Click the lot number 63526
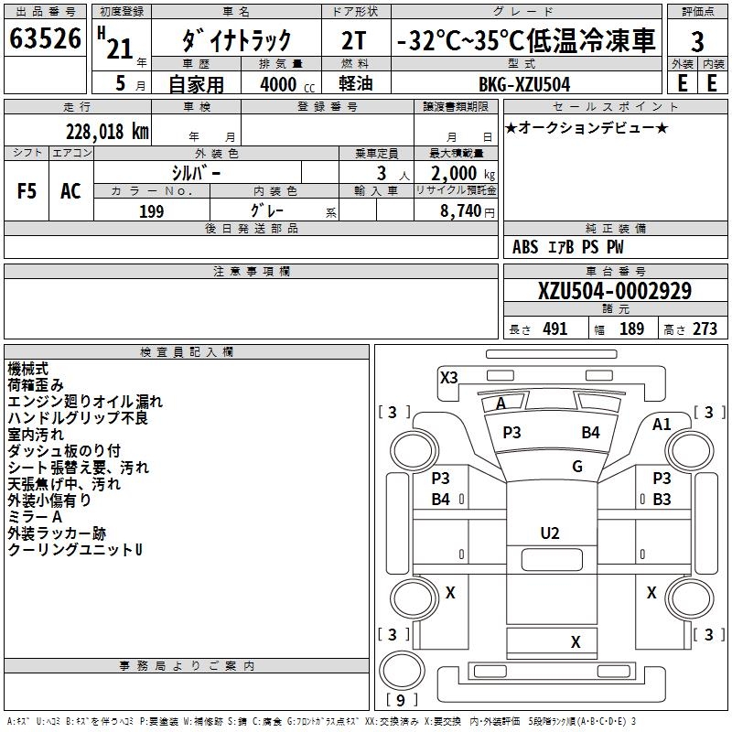tap(47, 40)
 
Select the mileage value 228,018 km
tap(107, 132)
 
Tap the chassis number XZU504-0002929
tap(615, 292)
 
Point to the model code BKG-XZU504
tap(524, 84)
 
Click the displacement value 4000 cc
tap(275, 84)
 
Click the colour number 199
tap(151, 211)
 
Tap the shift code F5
tap(27, 191)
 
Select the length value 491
tap(554, 329)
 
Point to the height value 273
tap(705, 329)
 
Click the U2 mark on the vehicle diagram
tap(550, 533)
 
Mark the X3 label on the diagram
tap(449, 377)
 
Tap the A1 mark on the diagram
tap(662, 424)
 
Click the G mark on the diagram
tap(577, 466)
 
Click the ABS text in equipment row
tap(525, 247)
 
